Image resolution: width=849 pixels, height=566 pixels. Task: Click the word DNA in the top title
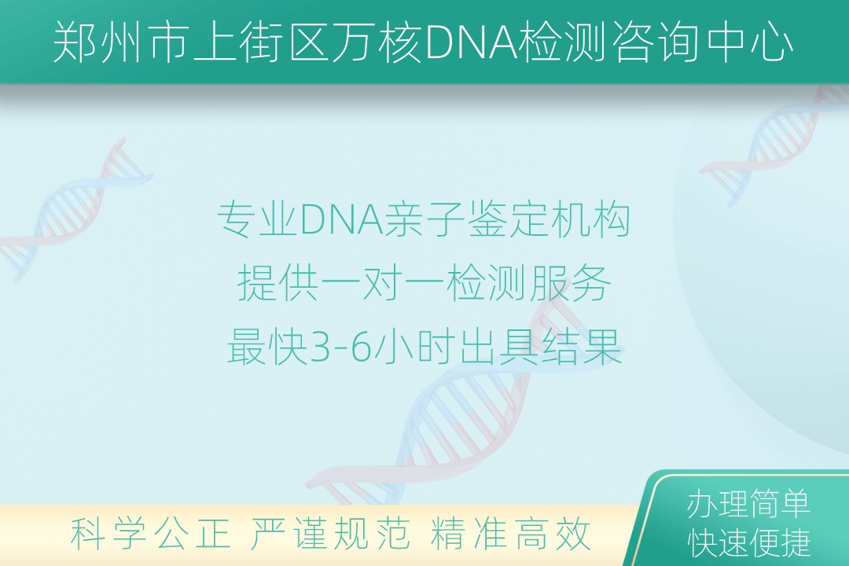471,42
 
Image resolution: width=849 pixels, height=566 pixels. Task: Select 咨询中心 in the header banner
704,42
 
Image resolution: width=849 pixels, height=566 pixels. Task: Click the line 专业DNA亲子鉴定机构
424,219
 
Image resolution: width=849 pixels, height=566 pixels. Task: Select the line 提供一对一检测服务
424,283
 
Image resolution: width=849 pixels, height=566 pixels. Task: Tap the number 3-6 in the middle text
340,347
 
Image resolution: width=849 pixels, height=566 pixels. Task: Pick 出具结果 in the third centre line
541,347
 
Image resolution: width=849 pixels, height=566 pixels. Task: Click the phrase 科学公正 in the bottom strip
150,533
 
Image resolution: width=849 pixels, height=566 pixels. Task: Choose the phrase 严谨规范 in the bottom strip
329,533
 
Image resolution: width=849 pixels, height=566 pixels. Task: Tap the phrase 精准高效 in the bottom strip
510,533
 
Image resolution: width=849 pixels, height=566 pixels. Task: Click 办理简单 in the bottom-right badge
748,504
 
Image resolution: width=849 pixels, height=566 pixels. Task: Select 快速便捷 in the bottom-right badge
748,542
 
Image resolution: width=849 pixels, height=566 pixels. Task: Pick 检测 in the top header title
563,42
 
